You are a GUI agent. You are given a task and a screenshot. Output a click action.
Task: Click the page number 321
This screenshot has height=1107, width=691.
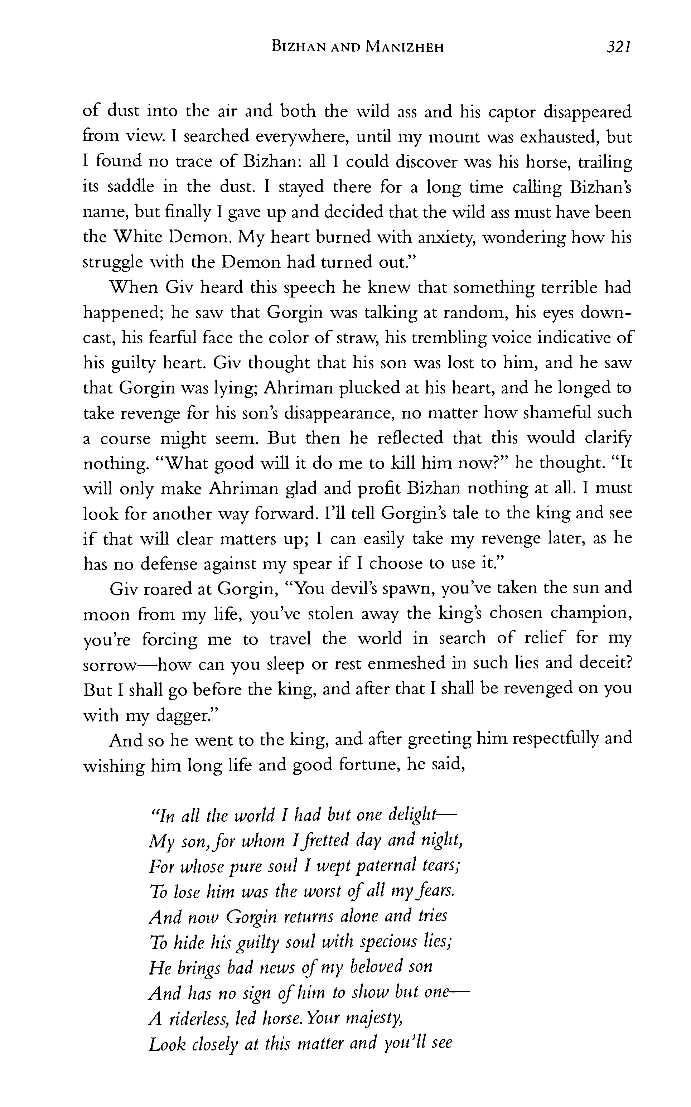pyautogui.click(x=618, y=47)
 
